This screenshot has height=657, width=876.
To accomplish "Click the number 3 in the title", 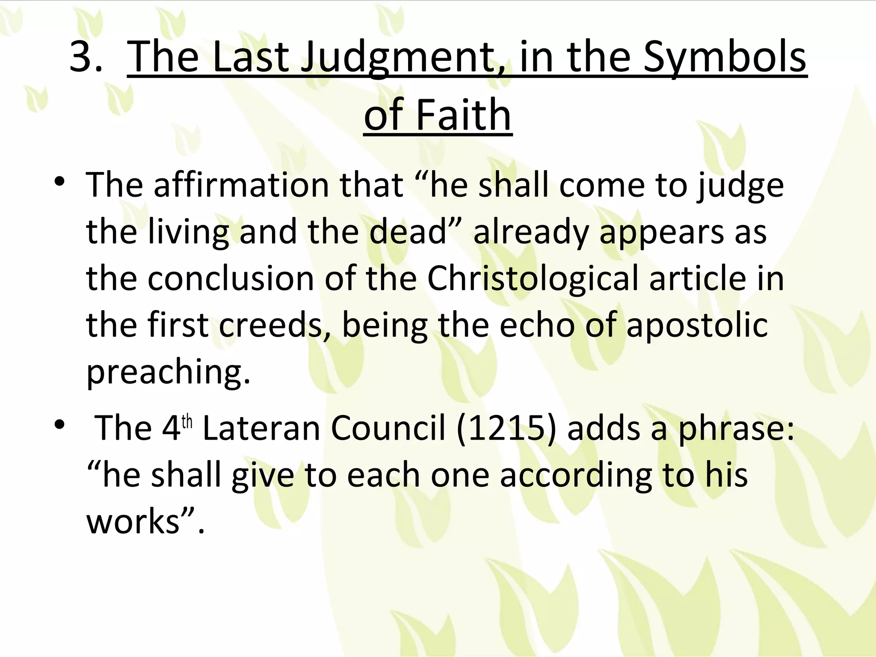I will click(84, 57).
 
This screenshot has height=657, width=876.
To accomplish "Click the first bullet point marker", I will click(59, 182).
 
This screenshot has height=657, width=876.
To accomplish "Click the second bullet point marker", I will click(59, 425).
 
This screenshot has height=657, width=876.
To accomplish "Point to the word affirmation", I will click(241, 185).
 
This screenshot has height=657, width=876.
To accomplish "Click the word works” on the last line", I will click(141, 521).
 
